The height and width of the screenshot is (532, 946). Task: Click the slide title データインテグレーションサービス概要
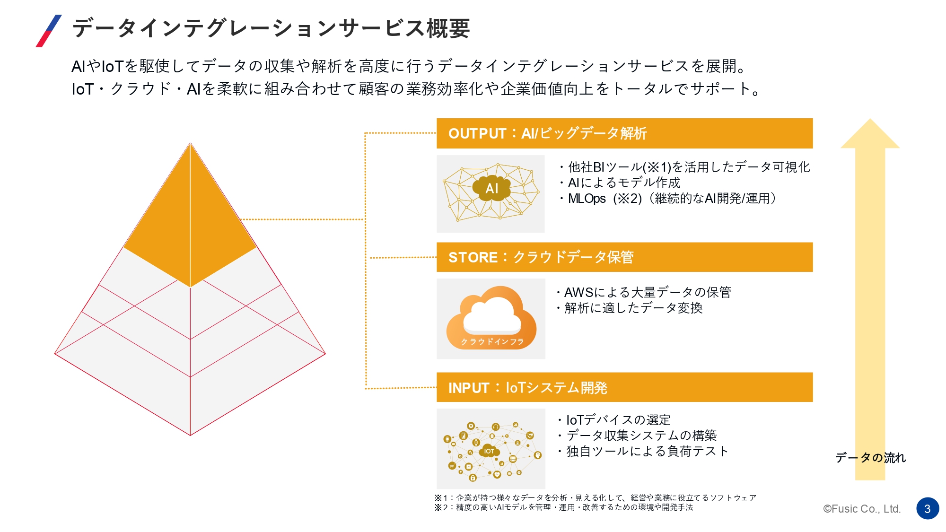[271, 28]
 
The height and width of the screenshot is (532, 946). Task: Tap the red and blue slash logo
[49, 31]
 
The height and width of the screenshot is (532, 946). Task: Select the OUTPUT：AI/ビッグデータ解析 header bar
[624, 133]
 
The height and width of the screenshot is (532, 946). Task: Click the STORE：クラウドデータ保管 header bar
[624, 257]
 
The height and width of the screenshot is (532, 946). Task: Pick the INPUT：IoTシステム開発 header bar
[624, 388]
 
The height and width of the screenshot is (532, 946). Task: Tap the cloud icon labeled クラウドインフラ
[491, 318]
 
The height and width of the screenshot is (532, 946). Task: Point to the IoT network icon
[491, 449]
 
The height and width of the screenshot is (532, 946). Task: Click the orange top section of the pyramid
[190, 227]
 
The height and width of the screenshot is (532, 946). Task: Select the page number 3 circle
[928, 509]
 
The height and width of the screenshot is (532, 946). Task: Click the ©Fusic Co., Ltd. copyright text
[862, 509]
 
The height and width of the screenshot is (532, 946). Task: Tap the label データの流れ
[870, 458]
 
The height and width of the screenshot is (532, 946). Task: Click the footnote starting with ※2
[564, 507]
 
